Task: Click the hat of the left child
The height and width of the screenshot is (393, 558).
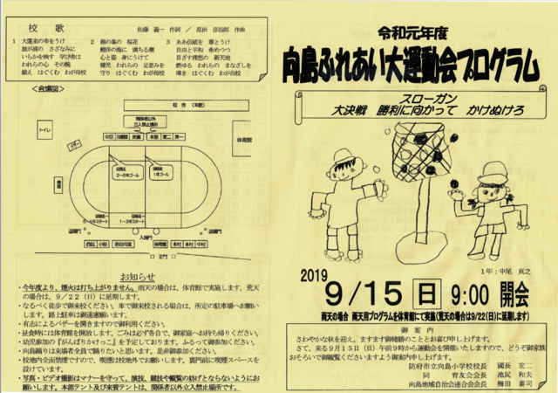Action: point(345,159)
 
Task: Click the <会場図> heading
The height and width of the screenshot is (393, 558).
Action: point(46,89)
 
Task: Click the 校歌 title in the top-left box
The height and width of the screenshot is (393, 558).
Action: point(36,28)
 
